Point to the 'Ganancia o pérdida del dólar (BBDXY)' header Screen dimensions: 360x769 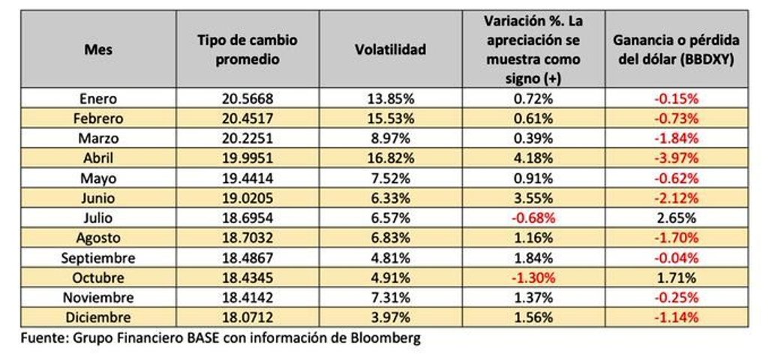pos(676,49)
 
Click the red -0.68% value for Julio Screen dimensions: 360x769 pos(533,217)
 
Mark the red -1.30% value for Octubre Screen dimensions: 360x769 pos(533,277)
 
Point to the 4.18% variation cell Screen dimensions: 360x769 pos(533,158)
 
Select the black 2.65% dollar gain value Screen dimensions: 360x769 pos(677,217)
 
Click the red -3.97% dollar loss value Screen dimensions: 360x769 pos(677,158)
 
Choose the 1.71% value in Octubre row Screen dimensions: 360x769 pos(677,277)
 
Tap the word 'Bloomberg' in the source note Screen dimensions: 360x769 pos(387,337)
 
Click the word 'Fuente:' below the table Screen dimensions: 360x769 pos(44,337)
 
